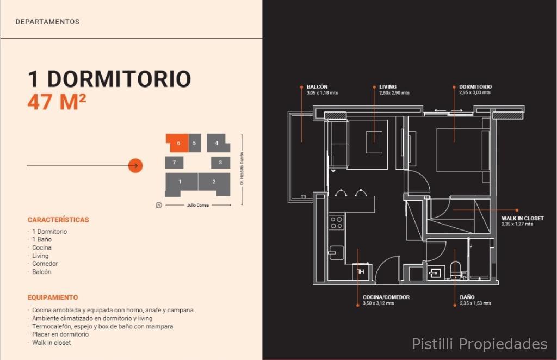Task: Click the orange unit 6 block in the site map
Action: point(177,143)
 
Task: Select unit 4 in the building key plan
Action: point(218,143)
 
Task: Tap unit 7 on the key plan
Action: point(174,162)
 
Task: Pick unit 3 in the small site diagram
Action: point(220,162)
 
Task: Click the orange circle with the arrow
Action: point(135,165)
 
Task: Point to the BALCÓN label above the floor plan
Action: point(317,86)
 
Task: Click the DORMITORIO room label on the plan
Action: point(475,86)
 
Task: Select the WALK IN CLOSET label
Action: point(523,218)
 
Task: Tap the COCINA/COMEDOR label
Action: point(386,297)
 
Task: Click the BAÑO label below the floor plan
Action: point(467,297)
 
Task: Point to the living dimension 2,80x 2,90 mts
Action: point(394,92)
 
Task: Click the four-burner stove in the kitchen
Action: point(336,222)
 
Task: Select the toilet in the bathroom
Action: point(455,270)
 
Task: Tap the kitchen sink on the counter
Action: point(336,252)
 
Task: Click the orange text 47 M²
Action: point(57,102)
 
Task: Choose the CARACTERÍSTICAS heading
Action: point(58,220)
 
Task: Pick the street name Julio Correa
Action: point(198,205)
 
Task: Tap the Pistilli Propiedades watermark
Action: point(480,344)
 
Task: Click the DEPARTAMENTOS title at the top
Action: point(48,22)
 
